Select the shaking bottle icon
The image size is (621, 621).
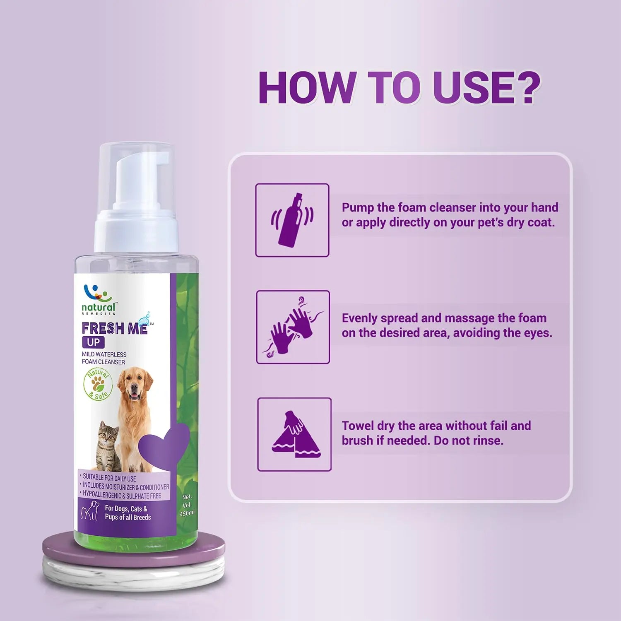[292, 220]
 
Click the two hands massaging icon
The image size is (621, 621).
[293, 327]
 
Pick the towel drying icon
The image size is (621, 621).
[294, 434]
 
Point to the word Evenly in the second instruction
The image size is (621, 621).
[360, 318]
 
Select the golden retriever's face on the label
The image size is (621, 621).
[135, 385]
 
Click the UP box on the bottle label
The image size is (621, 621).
[93, 342]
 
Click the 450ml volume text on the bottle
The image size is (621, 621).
[187, 513]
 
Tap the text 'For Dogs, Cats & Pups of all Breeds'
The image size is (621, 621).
[128, 513]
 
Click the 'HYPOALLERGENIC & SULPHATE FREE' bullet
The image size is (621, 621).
[122, 495]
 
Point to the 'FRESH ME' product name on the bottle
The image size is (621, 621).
[115, 328]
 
